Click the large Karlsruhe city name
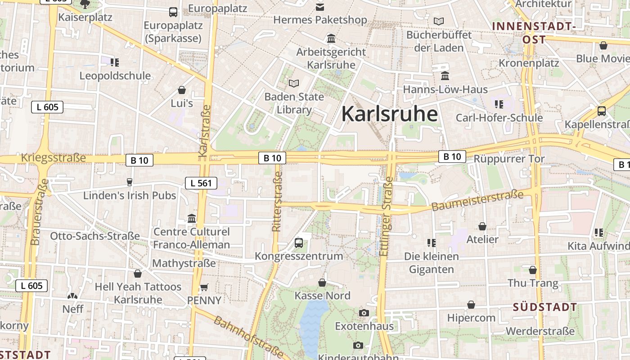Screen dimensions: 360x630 (389, 114)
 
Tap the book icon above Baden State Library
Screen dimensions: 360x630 (294, 83)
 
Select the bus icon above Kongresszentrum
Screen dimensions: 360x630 (298, 243)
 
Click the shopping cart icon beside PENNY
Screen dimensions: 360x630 (204, 287)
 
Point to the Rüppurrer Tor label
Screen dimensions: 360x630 (509, 159)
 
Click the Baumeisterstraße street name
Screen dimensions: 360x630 (477, 201)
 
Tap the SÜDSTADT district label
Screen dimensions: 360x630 (545, 307)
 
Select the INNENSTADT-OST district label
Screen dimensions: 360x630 (534, 32)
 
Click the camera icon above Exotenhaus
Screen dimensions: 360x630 (364, 313)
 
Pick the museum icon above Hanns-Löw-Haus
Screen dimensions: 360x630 (445, 76)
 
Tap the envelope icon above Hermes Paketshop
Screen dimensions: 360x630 (320, 7)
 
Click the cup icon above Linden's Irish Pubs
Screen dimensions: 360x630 (130, 182)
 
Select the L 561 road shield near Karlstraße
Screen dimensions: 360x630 (201, 183)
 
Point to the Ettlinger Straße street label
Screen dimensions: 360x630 (386, 216)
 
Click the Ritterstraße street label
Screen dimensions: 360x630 (277, 201)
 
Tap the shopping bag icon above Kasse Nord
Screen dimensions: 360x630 (322, 283)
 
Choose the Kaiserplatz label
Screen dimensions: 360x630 (85, 18)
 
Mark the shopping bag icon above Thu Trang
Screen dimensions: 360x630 (533, 270)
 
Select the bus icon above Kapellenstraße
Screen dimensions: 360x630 (601, 111)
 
